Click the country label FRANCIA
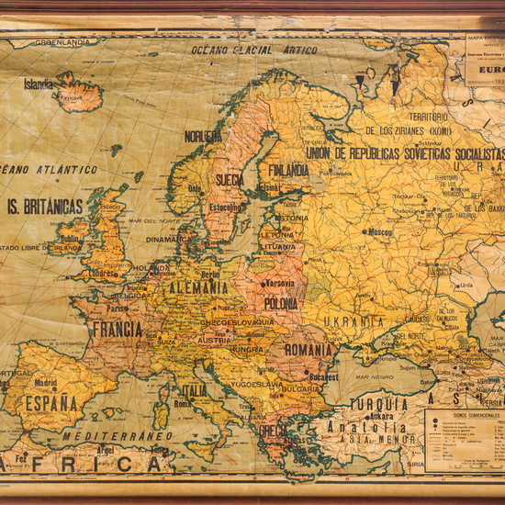pyautogui.click(x=117, y=329)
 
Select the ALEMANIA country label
pyautogui.click(x=198, y=287)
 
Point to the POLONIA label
pyautogui.click(x=281, y=303)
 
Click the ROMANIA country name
pyautogui.click(x=308, y=350)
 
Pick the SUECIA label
pyautogui.click(x=230, y=181)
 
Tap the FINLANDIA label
pyautogui.click(x=288, y=170)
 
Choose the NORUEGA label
pyautogui.click(x=203, y=136)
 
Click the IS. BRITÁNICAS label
pyautogui.click(x=44, y=206)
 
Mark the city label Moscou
pyautogui.click(x=378, y=232)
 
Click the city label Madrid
pyautogui.click(x=45, y=383)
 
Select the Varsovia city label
pyautogui.click(x=280, y=283)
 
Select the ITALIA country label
pyautogui.click(x=194, y=390)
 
